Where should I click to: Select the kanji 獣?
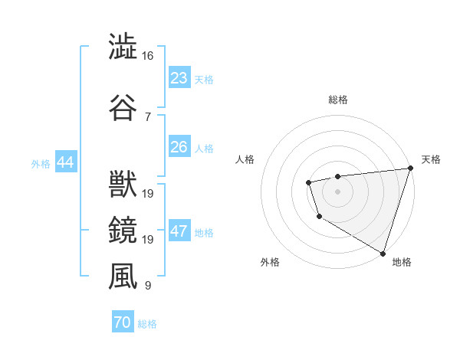(x=123, y=185)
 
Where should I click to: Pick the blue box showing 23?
(x=179, y=78)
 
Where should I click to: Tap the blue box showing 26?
(x=179, y=147)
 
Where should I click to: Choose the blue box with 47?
(x=179, y=231)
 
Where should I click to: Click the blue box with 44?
(x=64, y=162)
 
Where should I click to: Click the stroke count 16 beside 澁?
(x=147, y=56)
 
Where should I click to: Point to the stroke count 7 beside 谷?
(x=147, y=116)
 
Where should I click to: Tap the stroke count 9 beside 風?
(x=147, y=286)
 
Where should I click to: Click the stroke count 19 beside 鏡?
(x=147, y=240)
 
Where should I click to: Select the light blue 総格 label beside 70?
(x=147, y=324)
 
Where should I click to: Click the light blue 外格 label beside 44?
(x=41, y=163)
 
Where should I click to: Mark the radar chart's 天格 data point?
(x=410, y=169)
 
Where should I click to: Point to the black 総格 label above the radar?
(x=338, y=100)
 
